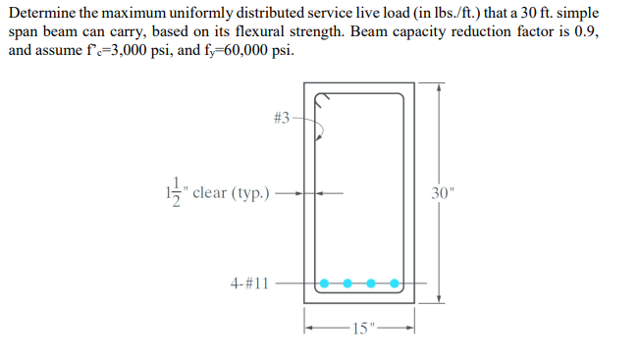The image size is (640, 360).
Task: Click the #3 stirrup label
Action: (x=280, y=118)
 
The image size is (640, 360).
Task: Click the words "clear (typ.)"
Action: (x=233, y=192)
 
